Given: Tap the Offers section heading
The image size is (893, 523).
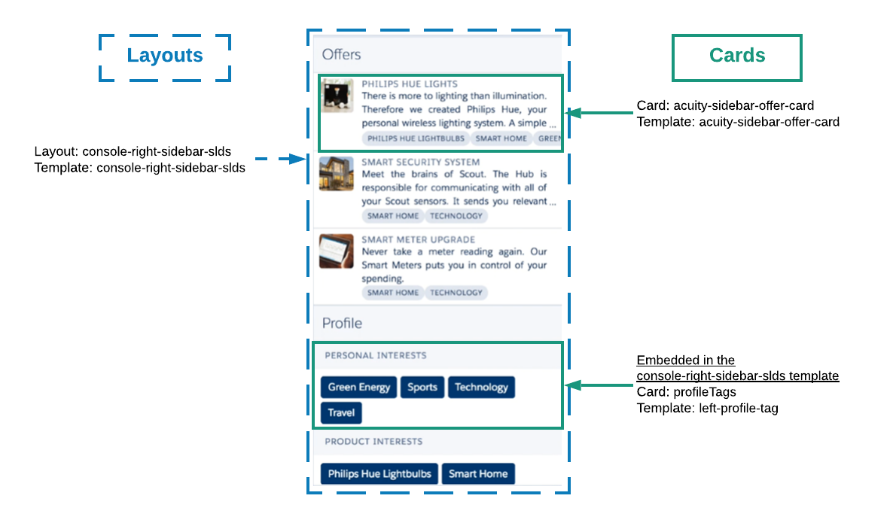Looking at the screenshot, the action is pos(342,55).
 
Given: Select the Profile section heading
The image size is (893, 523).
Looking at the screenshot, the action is pos(343,324).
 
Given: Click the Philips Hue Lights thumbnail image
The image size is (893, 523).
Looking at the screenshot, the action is pos(337,95).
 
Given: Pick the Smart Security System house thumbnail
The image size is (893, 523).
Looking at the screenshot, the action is pos(337,174).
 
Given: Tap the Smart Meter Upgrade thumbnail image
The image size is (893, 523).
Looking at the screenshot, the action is pos(337,251).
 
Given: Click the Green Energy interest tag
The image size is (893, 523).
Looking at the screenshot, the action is pos(359,387).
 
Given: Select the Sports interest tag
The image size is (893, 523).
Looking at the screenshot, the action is pos(422,387).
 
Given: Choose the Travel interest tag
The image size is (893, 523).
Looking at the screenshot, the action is pos(341,412).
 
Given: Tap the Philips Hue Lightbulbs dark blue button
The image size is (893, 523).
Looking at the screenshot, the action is pos(379,473).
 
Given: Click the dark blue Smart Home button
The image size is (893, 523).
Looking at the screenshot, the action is pos(478,473).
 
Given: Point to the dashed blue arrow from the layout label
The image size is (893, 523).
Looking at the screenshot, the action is pos(281,159).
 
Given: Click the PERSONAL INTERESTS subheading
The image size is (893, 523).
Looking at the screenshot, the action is pos(375,355).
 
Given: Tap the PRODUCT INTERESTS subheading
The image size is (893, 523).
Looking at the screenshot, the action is pos(373,441).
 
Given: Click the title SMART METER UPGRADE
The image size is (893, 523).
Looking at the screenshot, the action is pos(418,239).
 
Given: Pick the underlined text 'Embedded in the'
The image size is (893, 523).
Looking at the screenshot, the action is pos(686,360).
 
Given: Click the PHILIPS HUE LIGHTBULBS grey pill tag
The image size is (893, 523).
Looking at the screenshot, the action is pos(416,138).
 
